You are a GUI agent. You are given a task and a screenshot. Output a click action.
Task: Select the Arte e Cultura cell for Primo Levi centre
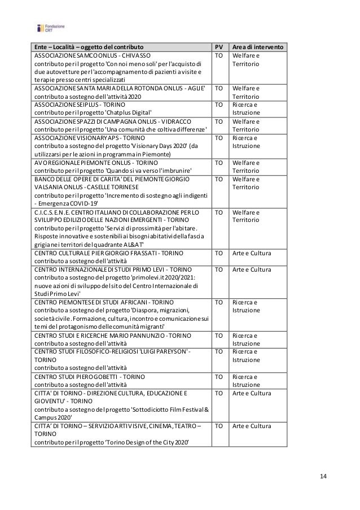252,270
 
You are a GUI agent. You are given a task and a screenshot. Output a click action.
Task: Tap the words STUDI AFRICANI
125,302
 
